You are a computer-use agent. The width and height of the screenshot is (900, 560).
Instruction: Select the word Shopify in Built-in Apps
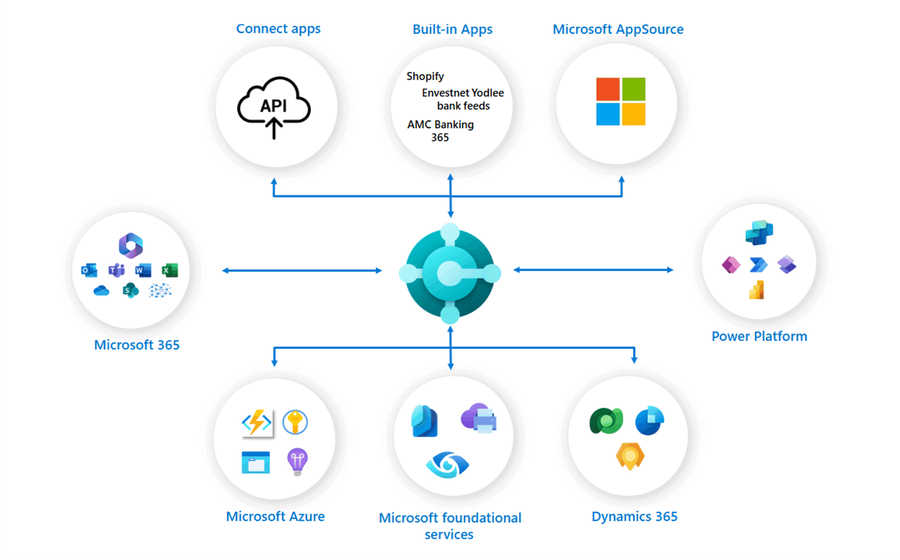(425, 76)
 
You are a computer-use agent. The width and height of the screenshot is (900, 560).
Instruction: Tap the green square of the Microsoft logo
(633, 89)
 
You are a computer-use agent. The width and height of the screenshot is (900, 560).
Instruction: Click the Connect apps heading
(278, 29)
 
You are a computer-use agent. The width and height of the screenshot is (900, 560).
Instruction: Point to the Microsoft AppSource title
(618, 29)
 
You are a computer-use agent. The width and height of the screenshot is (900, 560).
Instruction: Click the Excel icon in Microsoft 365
(170, 271)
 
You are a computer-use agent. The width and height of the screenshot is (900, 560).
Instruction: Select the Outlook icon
(89, 271)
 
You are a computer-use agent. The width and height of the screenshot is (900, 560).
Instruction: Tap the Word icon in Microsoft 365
(143, 271)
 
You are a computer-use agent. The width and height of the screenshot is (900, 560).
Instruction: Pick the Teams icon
(116, 271)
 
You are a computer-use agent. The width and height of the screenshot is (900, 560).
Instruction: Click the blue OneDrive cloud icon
(101, 291)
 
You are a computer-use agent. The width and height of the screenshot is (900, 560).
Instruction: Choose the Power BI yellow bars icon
(757, 290)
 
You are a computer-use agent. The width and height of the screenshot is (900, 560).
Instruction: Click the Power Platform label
(759, 336)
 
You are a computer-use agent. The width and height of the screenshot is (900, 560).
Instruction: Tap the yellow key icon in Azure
(295, 422)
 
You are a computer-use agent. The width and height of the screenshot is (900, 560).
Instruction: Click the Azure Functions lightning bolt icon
(257, 423)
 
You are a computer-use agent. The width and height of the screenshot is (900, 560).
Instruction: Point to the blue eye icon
(448, 464)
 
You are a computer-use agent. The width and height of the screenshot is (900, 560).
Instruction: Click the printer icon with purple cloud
(479, 418)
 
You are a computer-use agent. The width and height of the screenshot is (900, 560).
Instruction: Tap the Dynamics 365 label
(634, 517)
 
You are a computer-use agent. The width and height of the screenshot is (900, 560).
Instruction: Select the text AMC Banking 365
(440, 131)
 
